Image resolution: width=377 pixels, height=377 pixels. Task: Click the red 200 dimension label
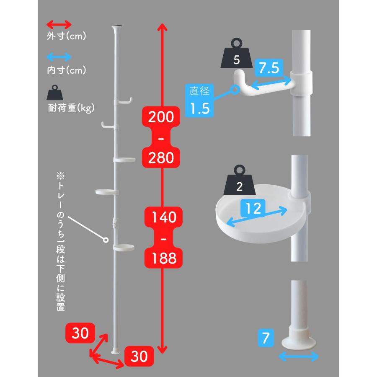coord(161,117)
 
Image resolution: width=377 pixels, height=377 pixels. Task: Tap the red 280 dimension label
coord(161,158)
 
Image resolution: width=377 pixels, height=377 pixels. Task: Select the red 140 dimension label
coord(163,217)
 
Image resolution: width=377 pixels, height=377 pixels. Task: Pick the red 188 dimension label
coord(163,258)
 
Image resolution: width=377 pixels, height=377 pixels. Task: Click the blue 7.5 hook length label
coord(269,68)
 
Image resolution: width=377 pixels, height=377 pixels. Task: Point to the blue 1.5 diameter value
coord(199,108)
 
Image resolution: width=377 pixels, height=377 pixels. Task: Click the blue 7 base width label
coord(266,338)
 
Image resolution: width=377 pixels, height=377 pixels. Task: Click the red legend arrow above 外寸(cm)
coord(59,25)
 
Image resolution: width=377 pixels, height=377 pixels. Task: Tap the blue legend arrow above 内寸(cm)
coord(59,57)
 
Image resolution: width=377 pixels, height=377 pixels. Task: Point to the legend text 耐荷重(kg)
coord(71,108)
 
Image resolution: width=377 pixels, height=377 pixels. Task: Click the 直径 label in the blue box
coord(199,91)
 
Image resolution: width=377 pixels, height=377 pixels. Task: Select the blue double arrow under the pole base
coord(299,356)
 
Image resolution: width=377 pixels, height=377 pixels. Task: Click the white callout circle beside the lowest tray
coord(106,240)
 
